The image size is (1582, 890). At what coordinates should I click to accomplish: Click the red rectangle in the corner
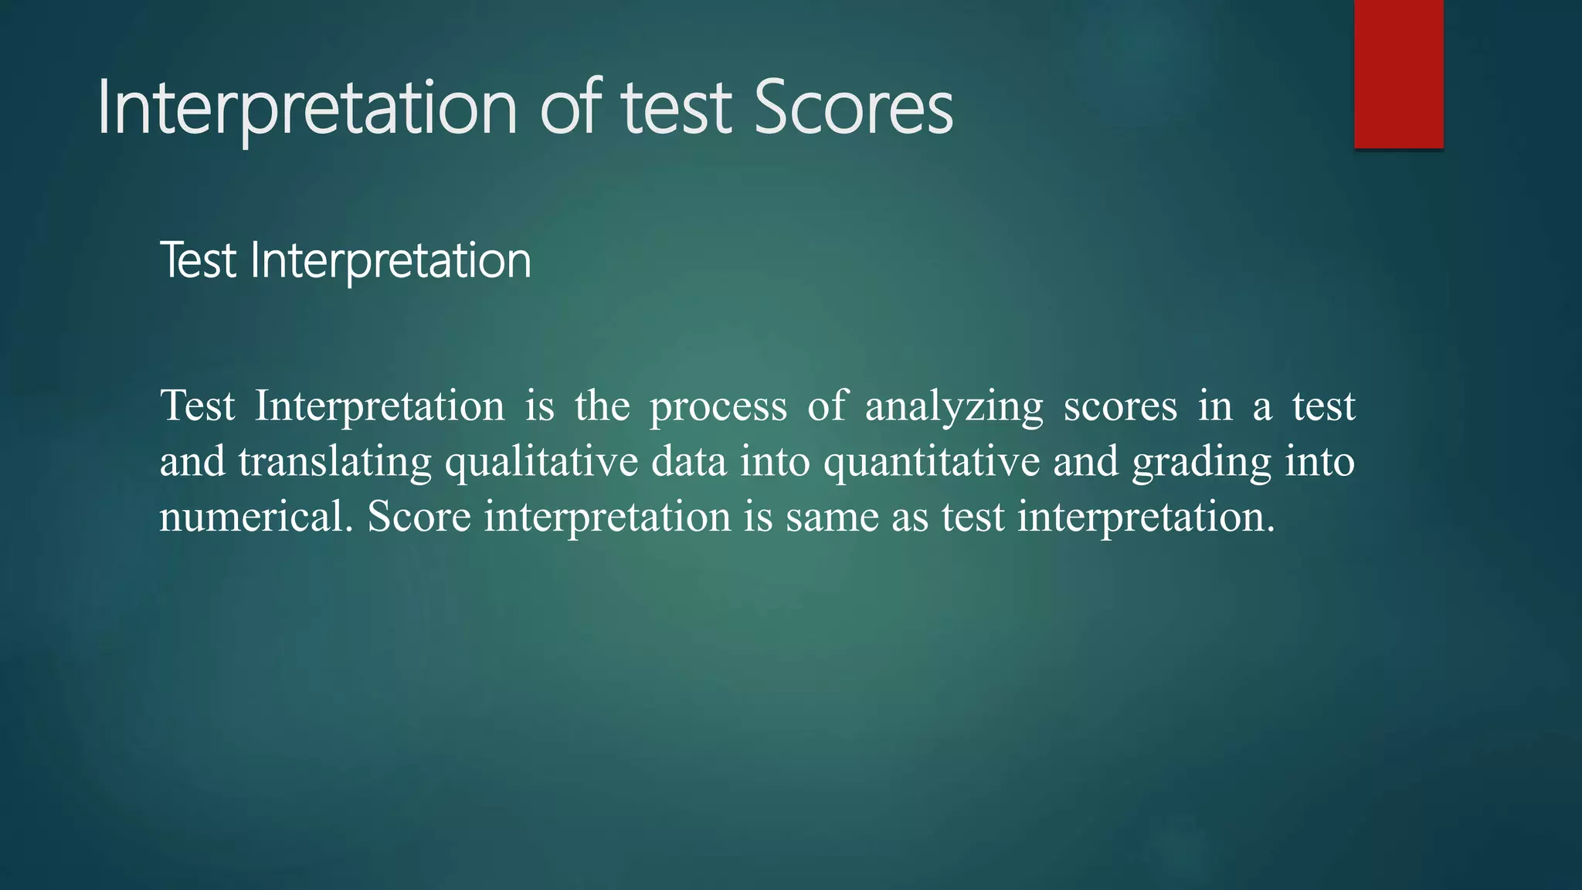[x=1398, y=74]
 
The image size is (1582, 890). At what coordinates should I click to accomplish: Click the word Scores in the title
[x=853, y=107]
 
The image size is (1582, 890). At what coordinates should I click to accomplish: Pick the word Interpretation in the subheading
[x=391, y=261]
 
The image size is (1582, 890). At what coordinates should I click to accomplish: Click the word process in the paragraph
[x=718, y=406]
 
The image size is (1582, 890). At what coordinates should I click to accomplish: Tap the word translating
[x=334, y=462]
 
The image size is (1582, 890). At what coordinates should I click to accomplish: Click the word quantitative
[x=931, y=462]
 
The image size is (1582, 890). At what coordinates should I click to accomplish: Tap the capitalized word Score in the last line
[x=419, y=516]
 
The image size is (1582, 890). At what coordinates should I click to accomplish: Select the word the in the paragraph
[x=602, y=406]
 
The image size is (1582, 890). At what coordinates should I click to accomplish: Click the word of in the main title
[x=570, y=107]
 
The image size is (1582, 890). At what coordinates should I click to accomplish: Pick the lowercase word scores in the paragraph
[x=1120, y=406]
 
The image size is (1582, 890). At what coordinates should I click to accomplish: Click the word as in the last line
[x=909, y=516]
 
